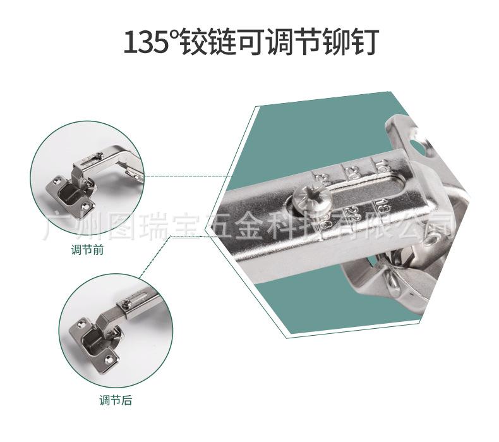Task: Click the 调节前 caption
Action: click(87, 249)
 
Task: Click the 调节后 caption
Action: click(115, 400)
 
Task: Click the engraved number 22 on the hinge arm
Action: click(355, 211)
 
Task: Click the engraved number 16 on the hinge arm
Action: click(381, 166)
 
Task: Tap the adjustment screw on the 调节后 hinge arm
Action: click(128, 305)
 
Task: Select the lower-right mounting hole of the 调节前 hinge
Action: click(85, 204)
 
